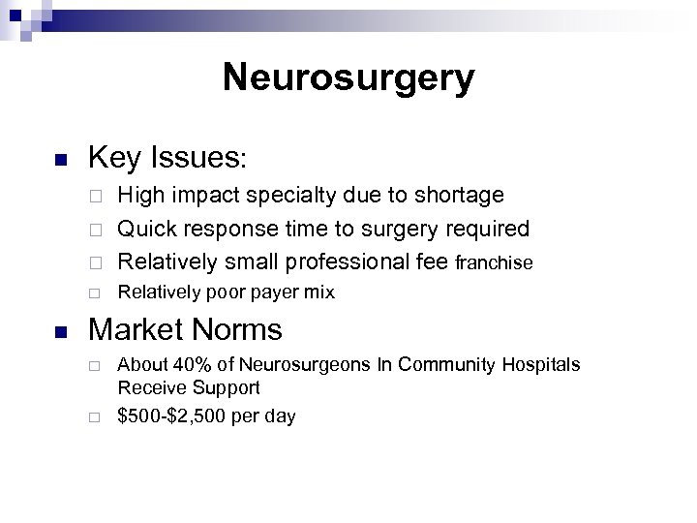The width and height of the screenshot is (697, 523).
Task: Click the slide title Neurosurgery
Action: coord(348,77)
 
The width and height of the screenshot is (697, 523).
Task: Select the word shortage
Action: coord(459,196)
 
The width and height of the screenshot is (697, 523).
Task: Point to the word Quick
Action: coord(144,230)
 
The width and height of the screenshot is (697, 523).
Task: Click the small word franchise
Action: coord(494,262)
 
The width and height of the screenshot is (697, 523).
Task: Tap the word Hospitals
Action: coord(539,365)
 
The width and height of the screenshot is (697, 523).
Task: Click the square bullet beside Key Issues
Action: coord(59,160)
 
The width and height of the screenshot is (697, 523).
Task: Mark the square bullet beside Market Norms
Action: coord(59,332)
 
